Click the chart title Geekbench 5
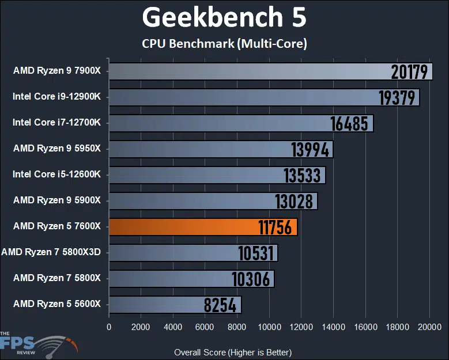click(224, 18)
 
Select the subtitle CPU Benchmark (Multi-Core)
click(224, 43)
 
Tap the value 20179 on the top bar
click(410, 71)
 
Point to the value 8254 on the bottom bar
click(220, 305)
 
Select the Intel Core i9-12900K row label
click(56, 97)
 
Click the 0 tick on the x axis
click(109, 327)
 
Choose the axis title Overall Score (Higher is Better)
click(233, 352)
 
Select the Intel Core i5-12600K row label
click(56, 174)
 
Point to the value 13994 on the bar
click(311, 149)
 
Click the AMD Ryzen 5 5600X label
click(56, 304)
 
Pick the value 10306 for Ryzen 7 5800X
click(251, 279)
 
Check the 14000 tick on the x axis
click(333, 327)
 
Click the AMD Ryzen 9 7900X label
click(56, 71)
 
